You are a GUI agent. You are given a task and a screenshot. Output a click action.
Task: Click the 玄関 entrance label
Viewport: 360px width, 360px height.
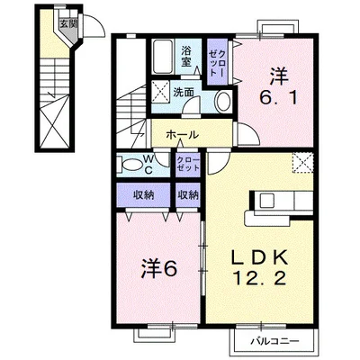click(x=67, y=24)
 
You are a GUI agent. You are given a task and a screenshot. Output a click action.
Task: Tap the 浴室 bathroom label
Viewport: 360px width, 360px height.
click(x=187, y=56)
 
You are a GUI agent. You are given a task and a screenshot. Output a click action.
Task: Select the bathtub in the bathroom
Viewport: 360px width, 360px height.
click(x=162, y=57)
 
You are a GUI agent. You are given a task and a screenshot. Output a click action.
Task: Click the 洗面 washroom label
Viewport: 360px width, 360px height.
click(x=184, y=92)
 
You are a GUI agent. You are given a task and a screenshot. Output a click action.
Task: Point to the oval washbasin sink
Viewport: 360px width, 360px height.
click(x=223, y=101)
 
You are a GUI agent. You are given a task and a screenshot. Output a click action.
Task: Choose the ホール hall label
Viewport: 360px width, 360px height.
click(x=182, y=135)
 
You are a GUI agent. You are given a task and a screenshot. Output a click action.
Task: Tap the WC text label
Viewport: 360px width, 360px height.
click(x=148, y=164)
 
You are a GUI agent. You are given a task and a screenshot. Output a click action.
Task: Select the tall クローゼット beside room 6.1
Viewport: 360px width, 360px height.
click(x=217, y=62)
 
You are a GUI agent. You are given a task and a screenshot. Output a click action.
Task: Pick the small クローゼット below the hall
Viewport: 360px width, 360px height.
click(x=188, y=165)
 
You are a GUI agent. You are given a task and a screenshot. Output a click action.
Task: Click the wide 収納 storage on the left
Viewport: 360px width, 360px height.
click(x=143, y=194)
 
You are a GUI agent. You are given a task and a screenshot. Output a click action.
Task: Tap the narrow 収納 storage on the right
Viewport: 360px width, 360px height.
click(x=188, y=195)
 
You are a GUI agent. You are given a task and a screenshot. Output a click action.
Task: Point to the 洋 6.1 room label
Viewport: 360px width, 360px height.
click(x=279, y=86)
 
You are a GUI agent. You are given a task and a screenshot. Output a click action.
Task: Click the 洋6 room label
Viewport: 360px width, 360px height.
click(x=159, y=268)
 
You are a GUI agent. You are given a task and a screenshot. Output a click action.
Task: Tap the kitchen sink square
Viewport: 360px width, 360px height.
click(x=266, y=201)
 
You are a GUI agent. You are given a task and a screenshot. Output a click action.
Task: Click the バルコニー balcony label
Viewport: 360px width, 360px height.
click(x=275, y=341)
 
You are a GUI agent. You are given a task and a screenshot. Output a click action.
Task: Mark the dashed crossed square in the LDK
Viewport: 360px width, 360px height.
click(x=303, y=163)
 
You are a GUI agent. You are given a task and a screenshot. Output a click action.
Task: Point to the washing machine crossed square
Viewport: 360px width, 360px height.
click(x=160, y=92)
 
